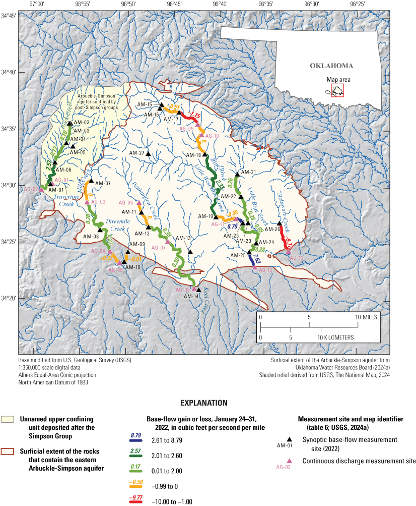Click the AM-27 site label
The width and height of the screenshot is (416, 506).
136,153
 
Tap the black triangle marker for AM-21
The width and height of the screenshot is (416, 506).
237,174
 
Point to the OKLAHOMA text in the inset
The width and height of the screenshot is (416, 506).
331,66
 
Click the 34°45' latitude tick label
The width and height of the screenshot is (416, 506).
9,16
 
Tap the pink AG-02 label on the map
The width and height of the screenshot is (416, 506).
31,189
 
